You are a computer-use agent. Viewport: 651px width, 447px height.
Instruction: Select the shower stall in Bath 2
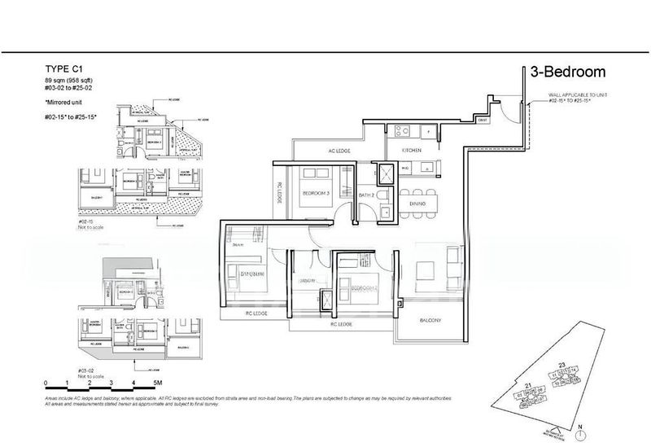[x=383, y=173]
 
